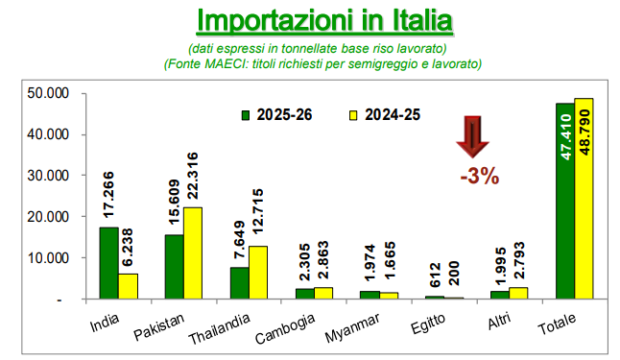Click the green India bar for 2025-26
109,263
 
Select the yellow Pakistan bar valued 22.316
193,253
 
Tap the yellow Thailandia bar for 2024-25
258,273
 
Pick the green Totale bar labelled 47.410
565,201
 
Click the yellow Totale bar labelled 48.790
584,199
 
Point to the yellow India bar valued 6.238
128,286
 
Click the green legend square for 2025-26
246,115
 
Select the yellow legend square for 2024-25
353,115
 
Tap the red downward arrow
473,137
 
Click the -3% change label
480,176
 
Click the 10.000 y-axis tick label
48,258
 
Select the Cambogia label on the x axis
285,328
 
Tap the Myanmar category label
352,327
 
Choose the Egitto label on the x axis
428,324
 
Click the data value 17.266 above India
108,195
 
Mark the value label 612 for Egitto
435,275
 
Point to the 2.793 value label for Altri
519,260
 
